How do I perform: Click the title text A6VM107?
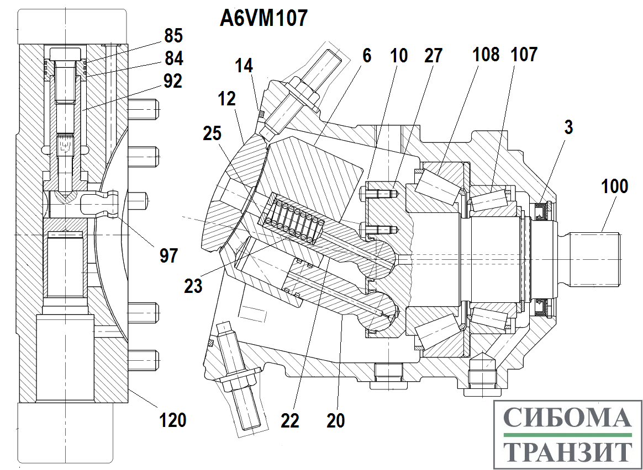(x=263, y=19)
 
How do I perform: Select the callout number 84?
(x=173, y=58)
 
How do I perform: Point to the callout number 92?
(x=172, y=81)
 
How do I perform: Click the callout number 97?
(x=169, y=255)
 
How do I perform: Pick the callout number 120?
(x=173, y=420)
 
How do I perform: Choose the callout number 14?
(x=244, y=66)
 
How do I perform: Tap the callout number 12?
(x=226, y=99)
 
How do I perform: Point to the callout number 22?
(x=290, y=421)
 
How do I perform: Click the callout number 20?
(x=335, y=421)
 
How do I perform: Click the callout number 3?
(x=568, y=127)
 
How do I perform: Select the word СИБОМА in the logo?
(x=567, y=418)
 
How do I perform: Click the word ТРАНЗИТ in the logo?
(x=567, y=452)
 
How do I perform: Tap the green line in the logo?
(x=567, y=436)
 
